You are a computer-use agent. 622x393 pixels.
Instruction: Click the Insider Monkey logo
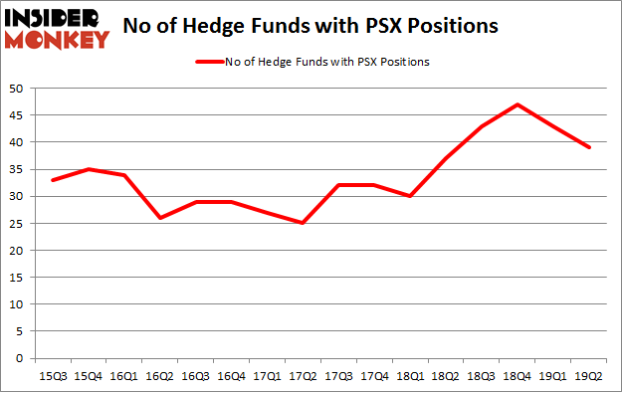tap(58, 28)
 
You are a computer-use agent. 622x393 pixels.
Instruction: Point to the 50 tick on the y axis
tap(18, 89)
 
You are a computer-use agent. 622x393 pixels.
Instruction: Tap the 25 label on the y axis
tap(18, 223)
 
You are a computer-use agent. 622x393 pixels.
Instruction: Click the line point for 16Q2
tap(160, 218)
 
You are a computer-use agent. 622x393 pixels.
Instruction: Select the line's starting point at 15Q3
tap(53, 180)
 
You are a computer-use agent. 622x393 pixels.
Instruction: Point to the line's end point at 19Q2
tap(590, 147)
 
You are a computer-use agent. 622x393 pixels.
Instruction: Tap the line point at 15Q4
tap(89, 169)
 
